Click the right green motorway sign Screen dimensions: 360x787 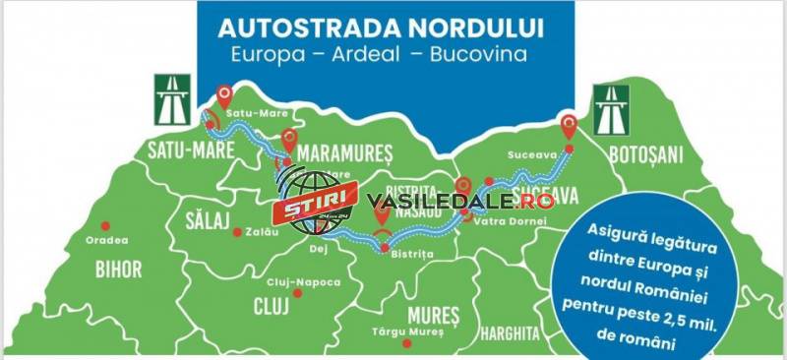point(610,109)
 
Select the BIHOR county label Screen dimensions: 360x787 point(118,269)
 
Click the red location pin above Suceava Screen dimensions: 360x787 point(569,127)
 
